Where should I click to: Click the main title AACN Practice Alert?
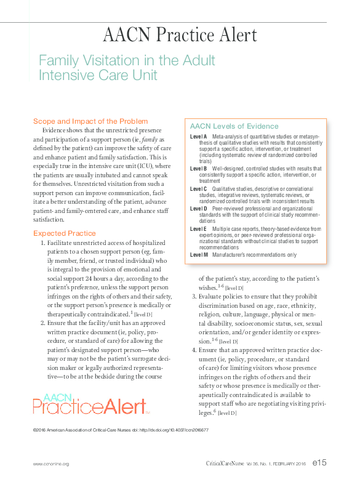point(179,35)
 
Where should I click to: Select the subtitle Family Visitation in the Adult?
point(127,61)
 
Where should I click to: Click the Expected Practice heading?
point(65,233)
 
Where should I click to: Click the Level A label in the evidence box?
point(199,136)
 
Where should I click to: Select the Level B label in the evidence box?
point(199,168)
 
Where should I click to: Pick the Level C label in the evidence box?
point(199,188)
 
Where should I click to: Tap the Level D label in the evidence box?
point(199,209)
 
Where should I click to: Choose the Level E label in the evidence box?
point(199,229)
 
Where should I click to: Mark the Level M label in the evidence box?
point(199,254)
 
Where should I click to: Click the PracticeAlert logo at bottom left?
point(91,405)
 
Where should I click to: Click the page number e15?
point(319,462)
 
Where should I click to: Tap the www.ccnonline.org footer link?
point(50,464)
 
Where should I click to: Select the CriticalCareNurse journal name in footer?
point(225,463)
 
